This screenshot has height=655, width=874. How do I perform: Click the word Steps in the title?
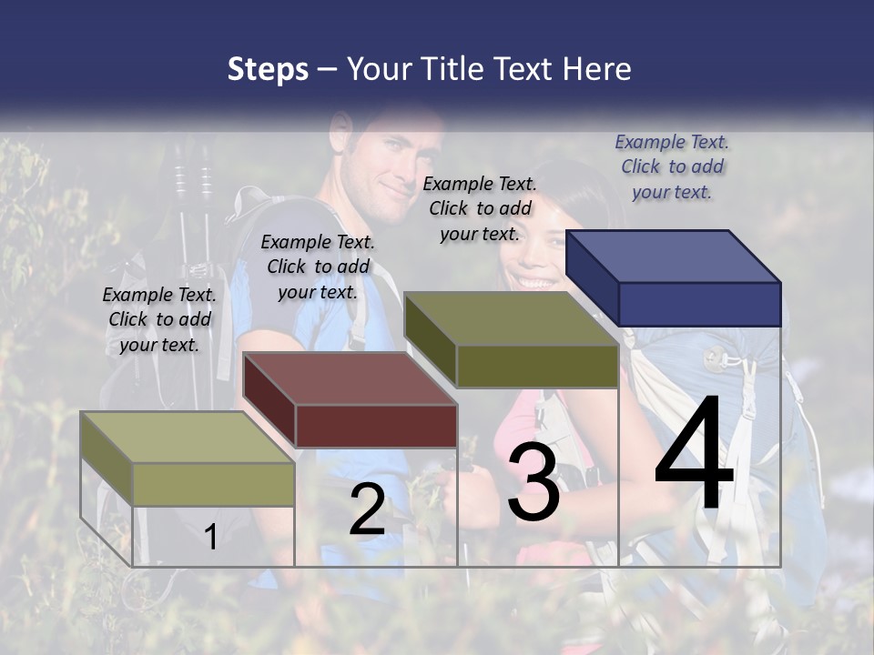[268, 69]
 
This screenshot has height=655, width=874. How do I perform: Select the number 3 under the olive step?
[534, 483]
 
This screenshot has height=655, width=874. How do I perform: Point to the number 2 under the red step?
[367, 509]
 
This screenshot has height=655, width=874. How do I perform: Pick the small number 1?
[211, 537]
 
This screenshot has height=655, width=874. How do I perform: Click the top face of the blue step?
[674, 256]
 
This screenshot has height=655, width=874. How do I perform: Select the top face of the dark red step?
[350, 378]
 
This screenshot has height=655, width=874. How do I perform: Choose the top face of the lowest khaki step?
[188, 437]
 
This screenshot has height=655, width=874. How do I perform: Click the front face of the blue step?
[699, 304]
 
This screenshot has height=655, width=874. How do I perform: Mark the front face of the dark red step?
[376, 426]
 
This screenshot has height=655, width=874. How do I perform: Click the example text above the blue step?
[672, 166]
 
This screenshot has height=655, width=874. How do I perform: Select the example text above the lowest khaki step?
[159, 319]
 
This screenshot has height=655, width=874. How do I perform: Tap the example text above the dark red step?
[318, 267]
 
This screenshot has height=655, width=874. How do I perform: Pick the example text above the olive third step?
[480, 208]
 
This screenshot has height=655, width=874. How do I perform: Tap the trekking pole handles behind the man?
[193, 178]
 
